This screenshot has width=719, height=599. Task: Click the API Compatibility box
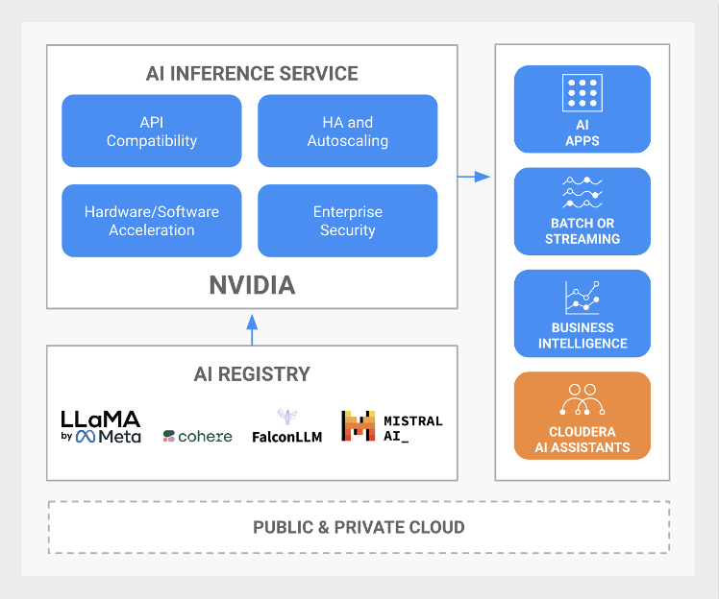[x=152, y=132]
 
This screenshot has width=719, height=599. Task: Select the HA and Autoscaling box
[x=347, y=132]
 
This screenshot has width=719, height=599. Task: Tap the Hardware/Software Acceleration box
[x=152, y=221]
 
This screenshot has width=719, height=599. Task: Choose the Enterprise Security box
[x=347, y=221]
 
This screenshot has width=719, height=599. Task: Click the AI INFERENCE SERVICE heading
[x=252, y=74]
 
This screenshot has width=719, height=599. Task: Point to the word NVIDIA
[x=252, y=285]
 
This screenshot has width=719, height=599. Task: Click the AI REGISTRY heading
[x=252, y=374]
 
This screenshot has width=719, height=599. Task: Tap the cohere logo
[x=198, y=436]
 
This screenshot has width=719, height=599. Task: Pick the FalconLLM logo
[x=286, y=426]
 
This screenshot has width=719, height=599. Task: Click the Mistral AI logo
[x=391, y=426]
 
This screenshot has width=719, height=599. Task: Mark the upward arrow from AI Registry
[x=252, y=327]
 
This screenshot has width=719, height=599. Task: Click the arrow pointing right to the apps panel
[x=473, y=177]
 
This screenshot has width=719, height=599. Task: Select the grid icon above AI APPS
[x=583, y=93]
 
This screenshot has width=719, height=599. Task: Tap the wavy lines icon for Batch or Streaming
[x=583, y=192]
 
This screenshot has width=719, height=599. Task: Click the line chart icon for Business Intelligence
[x=583, y=298]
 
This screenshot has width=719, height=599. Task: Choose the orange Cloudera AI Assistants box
[x=583, y=416]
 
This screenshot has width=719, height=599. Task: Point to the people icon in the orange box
[x=583, y=396]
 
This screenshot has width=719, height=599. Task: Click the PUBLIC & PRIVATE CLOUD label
[x=359, y=527]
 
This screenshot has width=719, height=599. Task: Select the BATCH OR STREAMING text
[x=583, y=231]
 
